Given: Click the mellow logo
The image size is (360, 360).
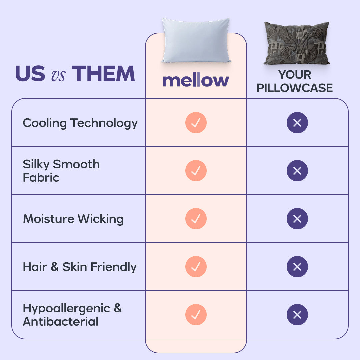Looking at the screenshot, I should point(196,81).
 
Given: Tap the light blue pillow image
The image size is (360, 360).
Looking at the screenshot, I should point(196,41).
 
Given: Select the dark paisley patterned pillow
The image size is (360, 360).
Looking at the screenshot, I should point(296,43).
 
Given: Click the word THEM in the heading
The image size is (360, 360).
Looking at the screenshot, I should point(103,74).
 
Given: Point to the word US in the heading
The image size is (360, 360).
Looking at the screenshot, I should point(30,74).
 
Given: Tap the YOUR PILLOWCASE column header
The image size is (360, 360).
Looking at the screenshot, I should point(295,81).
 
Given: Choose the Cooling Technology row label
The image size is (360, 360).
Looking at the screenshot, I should point(80,123).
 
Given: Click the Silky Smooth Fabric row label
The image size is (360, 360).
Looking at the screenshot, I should point(61,171).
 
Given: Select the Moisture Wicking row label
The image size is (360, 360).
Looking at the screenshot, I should point(73,219).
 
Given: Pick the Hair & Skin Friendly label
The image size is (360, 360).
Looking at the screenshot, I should point(80,267).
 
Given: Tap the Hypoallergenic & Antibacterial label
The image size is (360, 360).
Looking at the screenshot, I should point(72,315).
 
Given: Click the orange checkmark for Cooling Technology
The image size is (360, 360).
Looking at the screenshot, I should point(196,123).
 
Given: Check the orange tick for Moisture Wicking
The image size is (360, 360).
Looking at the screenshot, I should point(196,219).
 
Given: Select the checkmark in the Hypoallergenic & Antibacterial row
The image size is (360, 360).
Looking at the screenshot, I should point(196,315).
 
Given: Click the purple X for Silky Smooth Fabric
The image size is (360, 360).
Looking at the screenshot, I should point(297,171).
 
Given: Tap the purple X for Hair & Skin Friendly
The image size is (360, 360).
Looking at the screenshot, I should point(297,267).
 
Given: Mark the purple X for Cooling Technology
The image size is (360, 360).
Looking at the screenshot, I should point(297,123).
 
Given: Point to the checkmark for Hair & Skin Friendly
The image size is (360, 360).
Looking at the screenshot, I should point(196,267).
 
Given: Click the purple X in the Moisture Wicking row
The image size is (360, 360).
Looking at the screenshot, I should point(297,219).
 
